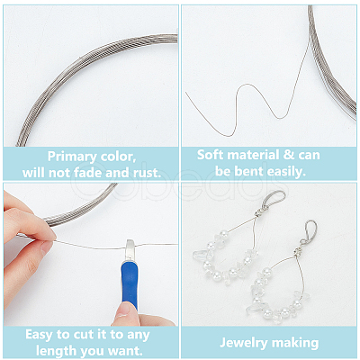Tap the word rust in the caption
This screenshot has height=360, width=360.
pos(147,173)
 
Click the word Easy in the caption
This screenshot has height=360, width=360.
pos(38,335)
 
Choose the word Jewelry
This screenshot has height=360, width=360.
pos(243,343)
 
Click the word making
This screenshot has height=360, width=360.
pos(294,343)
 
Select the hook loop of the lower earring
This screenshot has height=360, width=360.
pos(310,231)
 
